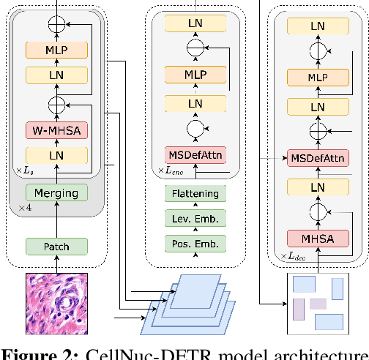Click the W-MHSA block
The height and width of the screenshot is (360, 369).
[x=56, y=131]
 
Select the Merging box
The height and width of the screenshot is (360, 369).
[x=56, y=192]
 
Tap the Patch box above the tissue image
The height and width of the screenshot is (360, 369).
[x=56, y=246]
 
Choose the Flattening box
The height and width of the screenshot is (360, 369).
[x=195, y=194]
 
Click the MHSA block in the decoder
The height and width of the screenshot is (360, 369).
[x=317, y=238]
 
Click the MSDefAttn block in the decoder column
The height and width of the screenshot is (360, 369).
[x=317, y=157]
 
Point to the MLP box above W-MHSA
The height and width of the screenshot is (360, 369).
[x=56, y=50]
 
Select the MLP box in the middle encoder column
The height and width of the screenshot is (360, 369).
[x=195, y=75]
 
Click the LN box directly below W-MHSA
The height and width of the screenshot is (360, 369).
[x=56, y=155]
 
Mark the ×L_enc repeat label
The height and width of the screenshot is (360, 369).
[x=171, y=171]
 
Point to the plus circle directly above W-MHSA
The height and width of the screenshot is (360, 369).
[x=56, y=102]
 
